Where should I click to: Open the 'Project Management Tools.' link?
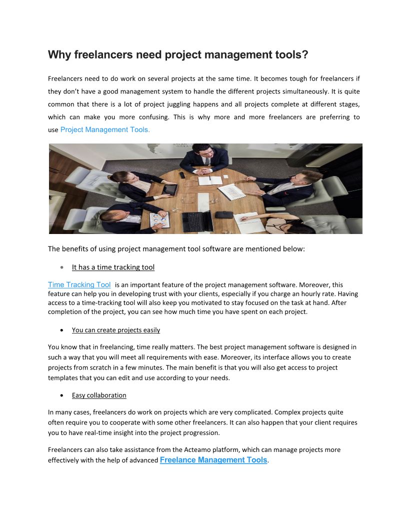tap(105, 129)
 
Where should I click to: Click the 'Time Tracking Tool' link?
tap(79, 284)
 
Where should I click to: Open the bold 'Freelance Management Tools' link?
tap(213, 460)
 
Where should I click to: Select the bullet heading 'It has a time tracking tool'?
tap(113, 267)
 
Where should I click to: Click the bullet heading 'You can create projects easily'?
tap(116, 330)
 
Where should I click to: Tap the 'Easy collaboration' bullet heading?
tap(99, 395)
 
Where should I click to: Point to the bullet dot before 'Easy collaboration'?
tap(61, 395)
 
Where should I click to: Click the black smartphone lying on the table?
tap(182, 175)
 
